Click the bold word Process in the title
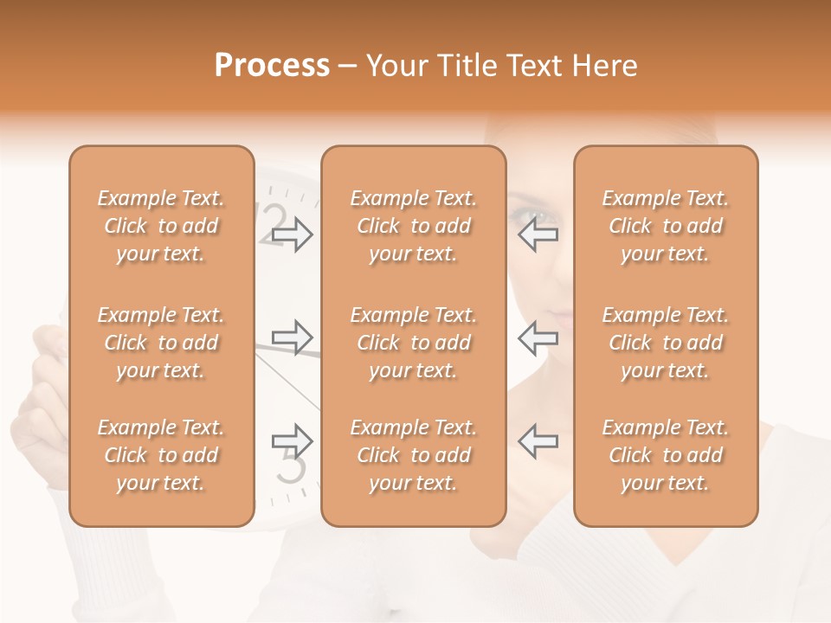click(x=272, y=66)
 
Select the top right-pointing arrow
click(x=292, y=234)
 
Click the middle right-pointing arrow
click(x=292, y=337)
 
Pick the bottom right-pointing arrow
click(x=292, y=441)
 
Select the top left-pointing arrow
click(x=538, y=234)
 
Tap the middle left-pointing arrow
click(x=538, y=337)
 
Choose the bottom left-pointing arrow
click(x=538, y=441)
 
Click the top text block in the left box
click(x=161, y=226)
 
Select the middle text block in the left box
click(x=161, y=343)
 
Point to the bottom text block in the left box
click(x=161, y=455)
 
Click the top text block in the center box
click(x=413, y=226)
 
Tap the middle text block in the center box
click(x=413, y=343)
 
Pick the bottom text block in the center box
click(x=413, y=455)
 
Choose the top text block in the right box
click(x=665, y=226)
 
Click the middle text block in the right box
click(x=665, y=343)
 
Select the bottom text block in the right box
click(x=665, y=455)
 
